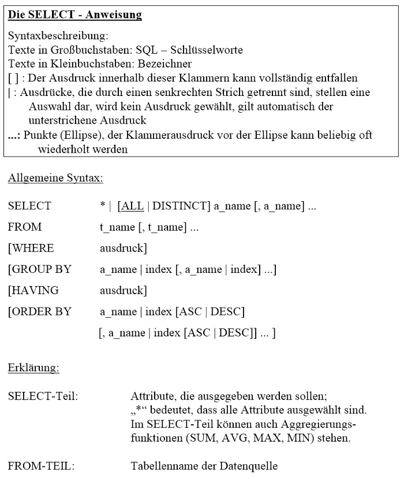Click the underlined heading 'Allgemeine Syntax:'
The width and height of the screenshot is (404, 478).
point(55,178)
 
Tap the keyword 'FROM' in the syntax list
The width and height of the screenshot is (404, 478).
point(25,227)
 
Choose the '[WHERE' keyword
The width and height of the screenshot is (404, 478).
point(31,248)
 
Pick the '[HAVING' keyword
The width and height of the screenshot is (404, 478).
point(33,290)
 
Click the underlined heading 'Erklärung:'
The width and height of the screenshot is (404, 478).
point(33,368)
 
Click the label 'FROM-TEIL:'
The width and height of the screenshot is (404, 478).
point(41,465)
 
